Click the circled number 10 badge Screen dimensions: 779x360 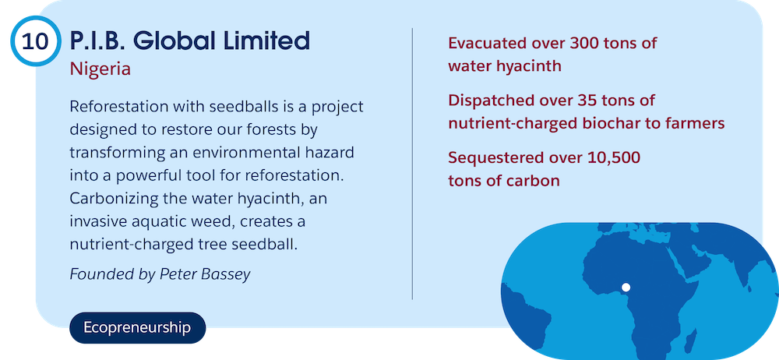point(35,41)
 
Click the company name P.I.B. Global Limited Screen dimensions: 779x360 point(190,41)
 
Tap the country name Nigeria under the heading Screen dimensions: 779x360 point(100,69)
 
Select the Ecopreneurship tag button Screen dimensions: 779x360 point(137,328)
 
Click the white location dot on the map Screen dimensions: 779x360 point(626,287)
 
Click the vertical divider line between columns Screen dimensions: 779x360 point(412,164)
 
